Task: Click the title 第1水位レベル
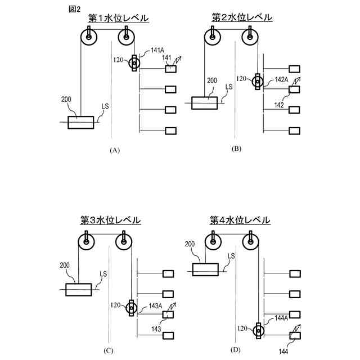coord(118,19)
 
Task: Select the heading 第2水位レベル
coord(242,17)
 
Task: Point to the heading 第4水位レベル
coord(240,219)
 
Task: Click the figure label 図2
coord(74,9)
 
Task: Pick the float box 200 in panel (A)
coord(81,122)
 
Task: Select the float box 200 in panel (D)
coord(205,269)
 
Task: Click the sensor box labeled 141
coord(170,69)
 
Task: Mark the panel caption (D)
coord(235,350)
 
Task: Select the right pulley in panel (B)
coord(250,38)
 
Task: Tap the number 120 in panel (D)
coord(242,327)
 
